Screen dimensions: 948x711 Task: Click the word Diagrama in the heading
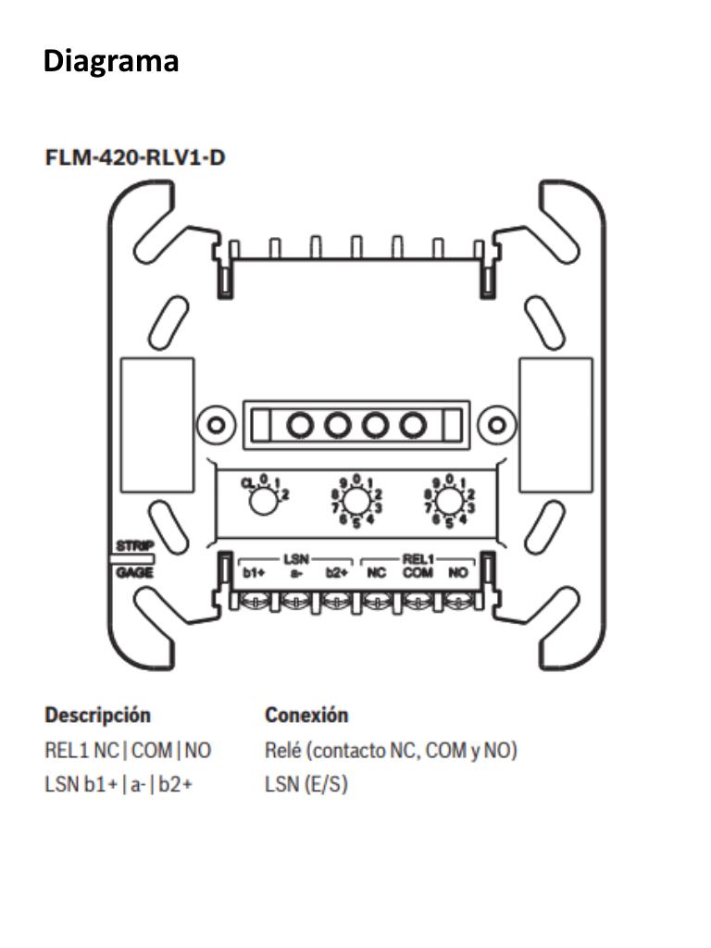(x=110, y=62)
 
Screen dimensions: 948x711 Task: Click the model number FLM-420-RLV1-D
(x=135, y=157)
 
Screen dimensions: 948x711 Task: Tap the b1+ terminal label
(x=255, y=573)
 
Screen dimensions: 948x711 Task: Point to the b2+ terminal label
(x=335, y=573)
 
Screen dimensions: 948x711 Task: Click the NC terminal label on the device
(x=377, y=573)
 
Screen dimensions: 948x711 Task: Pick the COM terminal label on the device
(x=417, y=573)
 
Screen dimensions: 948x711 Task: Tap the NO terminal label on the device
(x=457, y=573)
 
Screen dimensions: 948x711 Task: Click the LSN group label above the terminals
(x=295, y=559)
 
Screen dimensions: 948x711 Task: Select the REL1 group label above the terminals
(x=418, y=559)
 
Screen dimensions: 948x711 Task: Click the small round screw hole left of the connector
(x=215, y=425)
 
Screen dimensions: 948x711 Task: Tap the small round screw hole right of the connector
(x=496, y=425)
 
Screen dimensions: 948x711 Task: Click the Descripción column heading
(x=98, y=716)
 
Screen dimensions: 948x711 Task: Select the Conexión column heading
(x=306, y=716)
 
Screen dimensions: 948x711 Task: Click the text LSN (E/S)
(x=306, y=786)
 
